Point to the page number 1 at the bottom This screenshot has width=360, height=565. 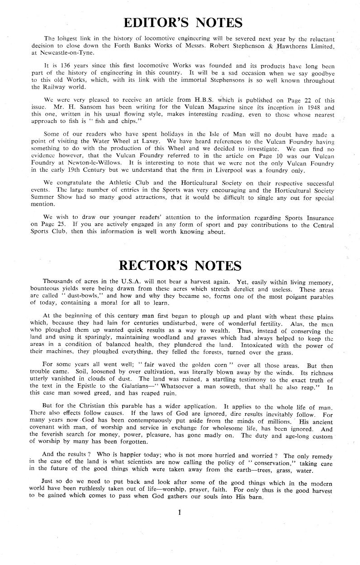180,512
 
